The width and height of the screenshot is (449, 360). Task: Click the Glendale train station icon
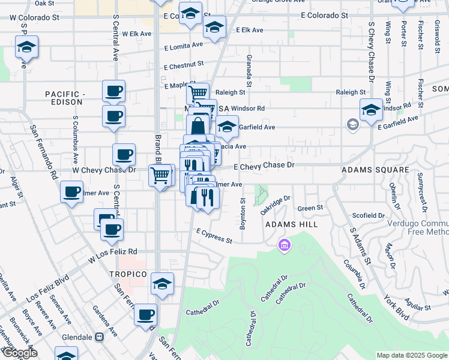coord(98,337)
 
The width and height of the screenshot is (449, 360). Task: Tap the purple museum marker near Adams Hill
coord(284,245)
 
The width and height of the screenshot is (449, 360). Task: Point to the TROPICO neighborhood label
coord(128,274)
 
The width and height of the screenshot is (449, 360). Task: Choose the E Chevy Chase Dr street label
coord(264,165)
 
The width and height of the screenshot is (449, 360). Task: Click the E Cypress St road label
coord(214,236)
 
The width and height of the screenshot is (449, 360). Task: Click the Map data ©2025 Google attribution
coord(411,355)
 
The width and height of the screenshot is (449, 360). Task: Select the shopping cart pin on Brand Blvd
coord(160,175)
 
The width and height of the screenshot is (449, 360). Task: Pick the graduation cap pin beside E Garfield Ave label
coord(227,127)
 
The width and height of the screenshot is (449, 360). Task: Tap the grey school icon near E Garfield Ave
coord(353,124)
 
